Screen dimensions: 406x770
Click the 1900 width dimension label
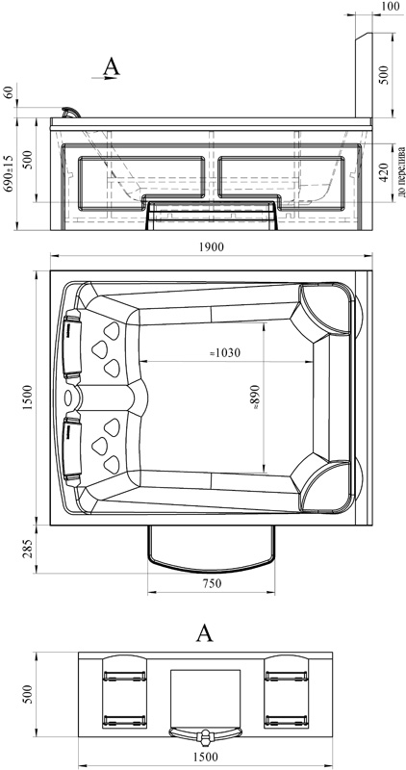212,247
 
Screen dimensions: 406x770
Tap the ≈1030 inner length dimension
225,352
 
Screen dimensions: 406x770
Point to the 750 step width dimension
212,583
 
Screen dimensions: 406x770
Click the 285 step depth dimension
28,548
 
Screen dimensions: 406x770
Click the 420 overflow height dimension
385,171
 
